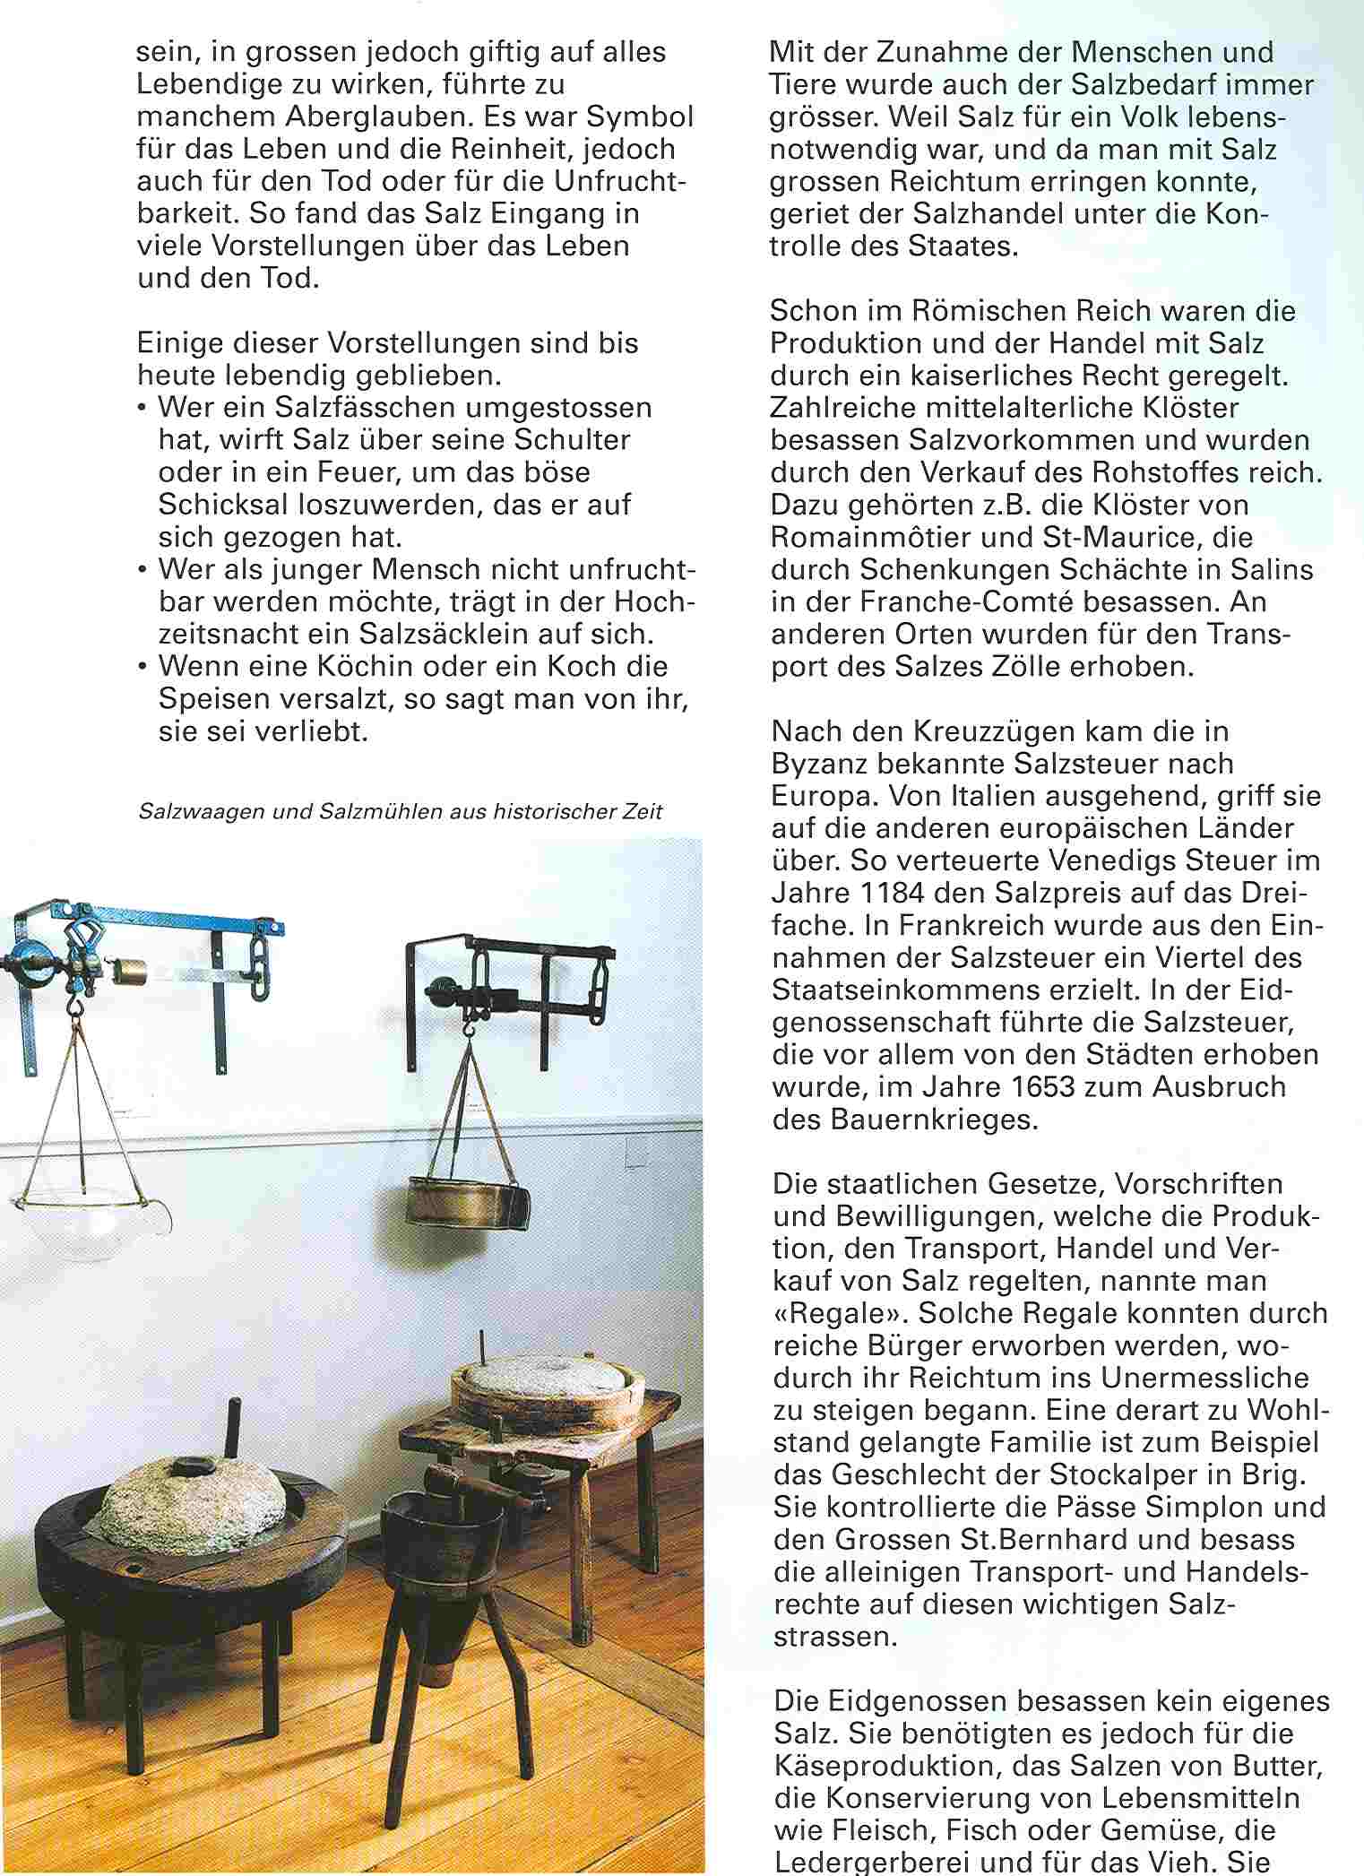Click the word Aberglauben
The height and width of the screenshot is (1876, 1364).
tap(351, 117)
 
